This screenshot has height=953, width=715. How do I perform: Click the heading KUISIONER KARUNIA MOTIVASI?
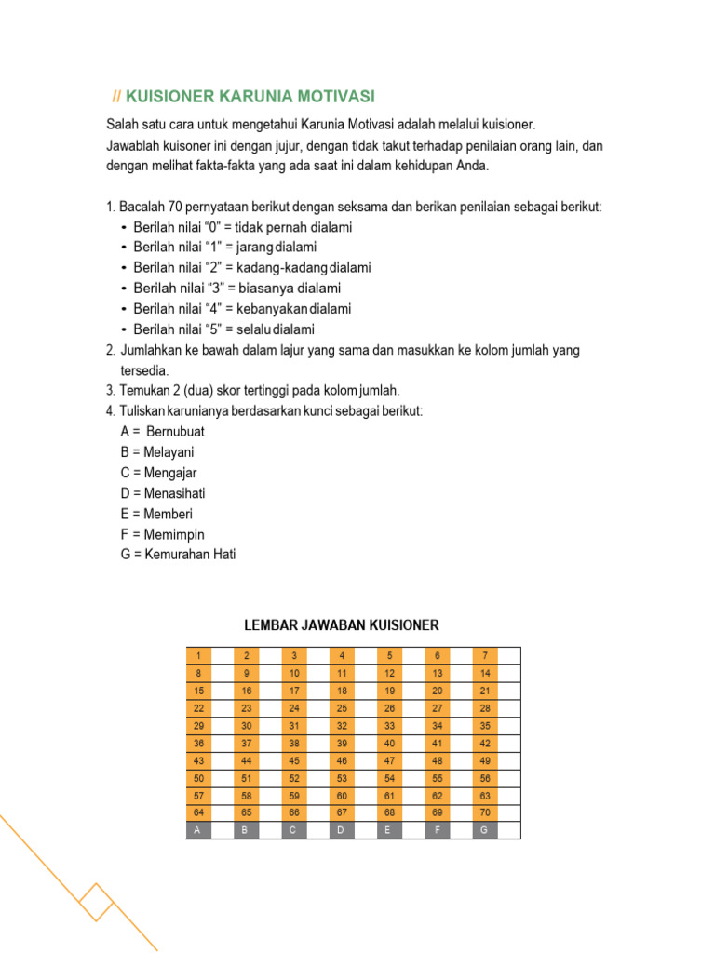(250, 97)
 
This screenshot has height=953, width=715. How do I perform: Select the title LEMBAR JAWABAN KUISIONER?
(341, 625)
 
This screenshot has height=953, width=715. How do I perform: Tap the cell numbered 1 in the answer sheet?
(198, 655)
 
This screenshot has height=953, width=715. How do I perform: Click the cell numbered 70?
(484, 812)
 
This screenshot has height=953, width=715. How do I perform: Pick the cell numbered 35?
(484, 725)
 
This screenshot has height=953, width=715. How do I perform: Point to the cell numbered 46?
(342, 760)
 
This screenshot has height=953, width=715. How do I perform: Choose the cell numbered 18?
(342, 691)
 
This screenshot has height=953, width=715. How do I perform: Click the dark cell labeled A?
(198, 830)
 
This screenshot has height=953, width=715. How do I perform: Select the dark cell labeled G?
(484, 830)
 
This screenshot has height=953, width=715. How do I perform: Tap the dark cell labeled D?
(342, 830)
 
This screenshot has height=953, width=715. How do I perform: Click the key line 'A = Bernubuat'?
(162, 432)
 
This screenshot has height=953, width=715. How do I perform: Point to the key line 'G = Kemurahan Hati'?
(178, 555)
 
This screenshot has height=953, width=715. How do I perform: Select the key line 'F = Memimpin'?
(162, 534)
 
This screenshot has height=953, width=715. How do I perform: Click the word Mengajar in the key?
(170, 473)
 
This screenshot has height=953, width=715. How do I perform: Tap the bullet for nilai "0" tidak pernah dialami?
(125, 227)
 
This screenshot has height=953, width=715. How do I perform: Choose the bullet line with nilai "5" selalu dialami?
(223, 329)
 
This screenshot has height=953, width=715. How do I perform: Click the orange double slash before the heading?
(116, 97)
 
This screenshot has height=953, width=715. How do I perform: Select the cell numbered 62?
(437, 795)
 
